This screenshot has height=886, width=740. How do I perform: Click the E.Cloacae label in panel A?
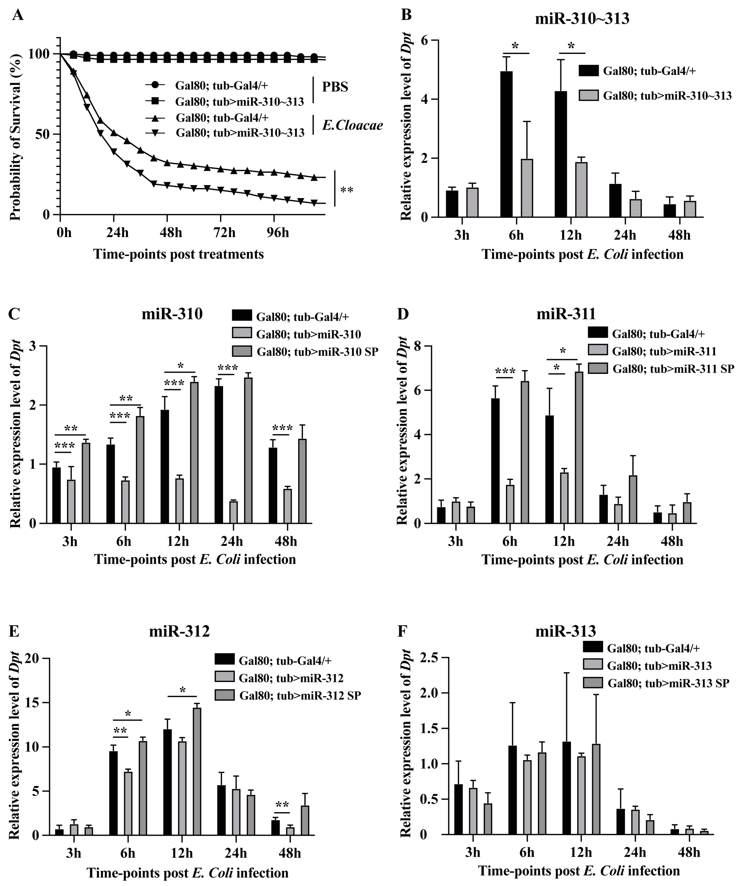coord(352,125)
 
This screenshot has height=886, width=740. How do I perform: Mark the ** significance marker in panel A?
coord(347,190)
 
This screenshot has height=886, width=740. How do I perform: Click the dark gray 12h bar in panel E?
coord(197,771)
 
